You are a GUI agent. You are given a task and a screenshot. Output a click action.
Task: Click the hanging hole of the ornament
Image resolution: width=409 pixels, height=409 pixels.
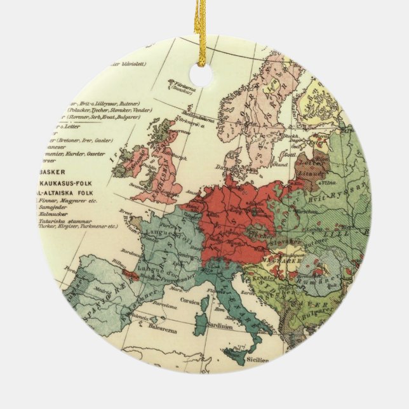pyautogui.click(x=201, y=75)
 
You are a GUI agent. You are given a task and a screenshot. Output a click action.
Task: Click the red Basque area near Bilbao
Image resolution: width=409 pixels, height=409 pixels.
pyautogui.click(x=130, y=274)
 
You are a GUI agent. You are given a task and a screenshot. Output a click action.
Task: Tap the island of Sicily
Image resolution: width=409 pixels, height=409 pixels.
pyautogui.click(x=235, y=355)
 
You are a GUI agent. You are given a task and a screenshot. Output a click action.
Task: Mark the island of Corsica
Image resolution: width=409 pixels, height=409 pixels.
pyautogui.click(x=204, y=298)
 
